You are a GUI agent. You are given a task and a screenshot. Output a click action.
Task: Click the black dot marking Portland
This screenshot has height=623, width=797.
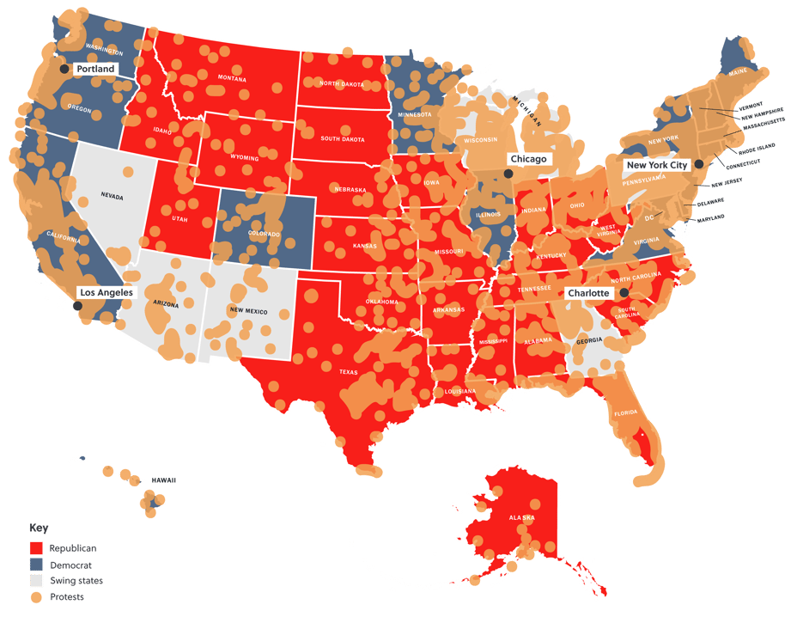coord(64,69)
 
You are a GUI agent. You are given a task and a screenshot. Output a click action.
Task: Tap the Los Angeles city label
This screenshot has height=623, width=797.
coord(106,292)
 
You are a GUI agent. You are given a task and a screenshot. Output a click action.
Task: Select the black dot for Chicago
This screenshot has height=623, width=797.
coord(508,174)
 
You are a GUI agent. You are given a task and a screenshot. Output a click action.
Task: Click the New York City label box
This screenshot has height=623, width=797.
coord(657,164)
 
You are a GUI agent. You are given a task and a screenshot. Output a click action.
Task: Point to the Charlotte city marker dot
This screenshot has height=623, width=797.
coord(624,293)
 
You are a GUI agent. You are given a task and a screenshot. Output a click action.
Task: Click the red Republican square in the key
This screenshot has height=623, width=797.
coord(36,547)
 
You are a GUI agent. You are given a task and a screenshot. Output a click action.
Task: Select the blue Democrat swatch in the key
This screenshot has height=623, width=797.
coord(36,565)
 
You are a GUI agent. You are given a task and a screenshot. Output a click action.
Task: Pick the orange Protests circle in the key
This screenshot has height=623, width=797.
coord(36,597)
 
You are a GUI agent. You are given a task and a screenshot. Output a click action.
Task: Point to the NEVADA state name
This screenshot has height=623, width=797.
coord(112,197)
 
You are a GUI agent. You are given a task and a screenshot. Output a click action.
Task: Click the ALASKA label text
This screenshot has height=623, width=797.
coord(521,518)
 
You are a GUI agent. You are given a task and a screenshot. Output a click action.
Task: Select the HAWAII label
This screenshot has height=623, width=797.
coord(163,479)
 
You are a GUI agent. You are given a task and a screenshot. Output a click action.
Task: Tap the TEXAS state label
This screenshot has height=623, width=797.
coord(349,372)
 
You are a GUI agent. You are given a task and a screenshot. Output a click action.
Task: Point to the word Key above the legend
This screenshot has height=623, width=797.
coord(39,528)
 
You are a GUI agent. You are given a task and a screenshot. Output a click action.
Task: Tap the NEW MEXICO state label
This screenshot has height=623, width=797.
coord(250,310)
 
